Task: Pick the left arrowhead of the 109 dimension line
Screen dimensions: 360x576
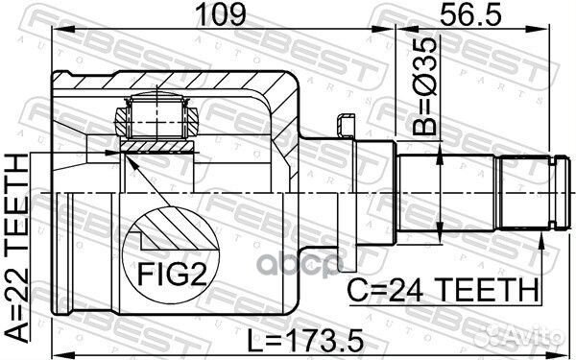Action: pyautogui.click(x=56, y=33)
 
